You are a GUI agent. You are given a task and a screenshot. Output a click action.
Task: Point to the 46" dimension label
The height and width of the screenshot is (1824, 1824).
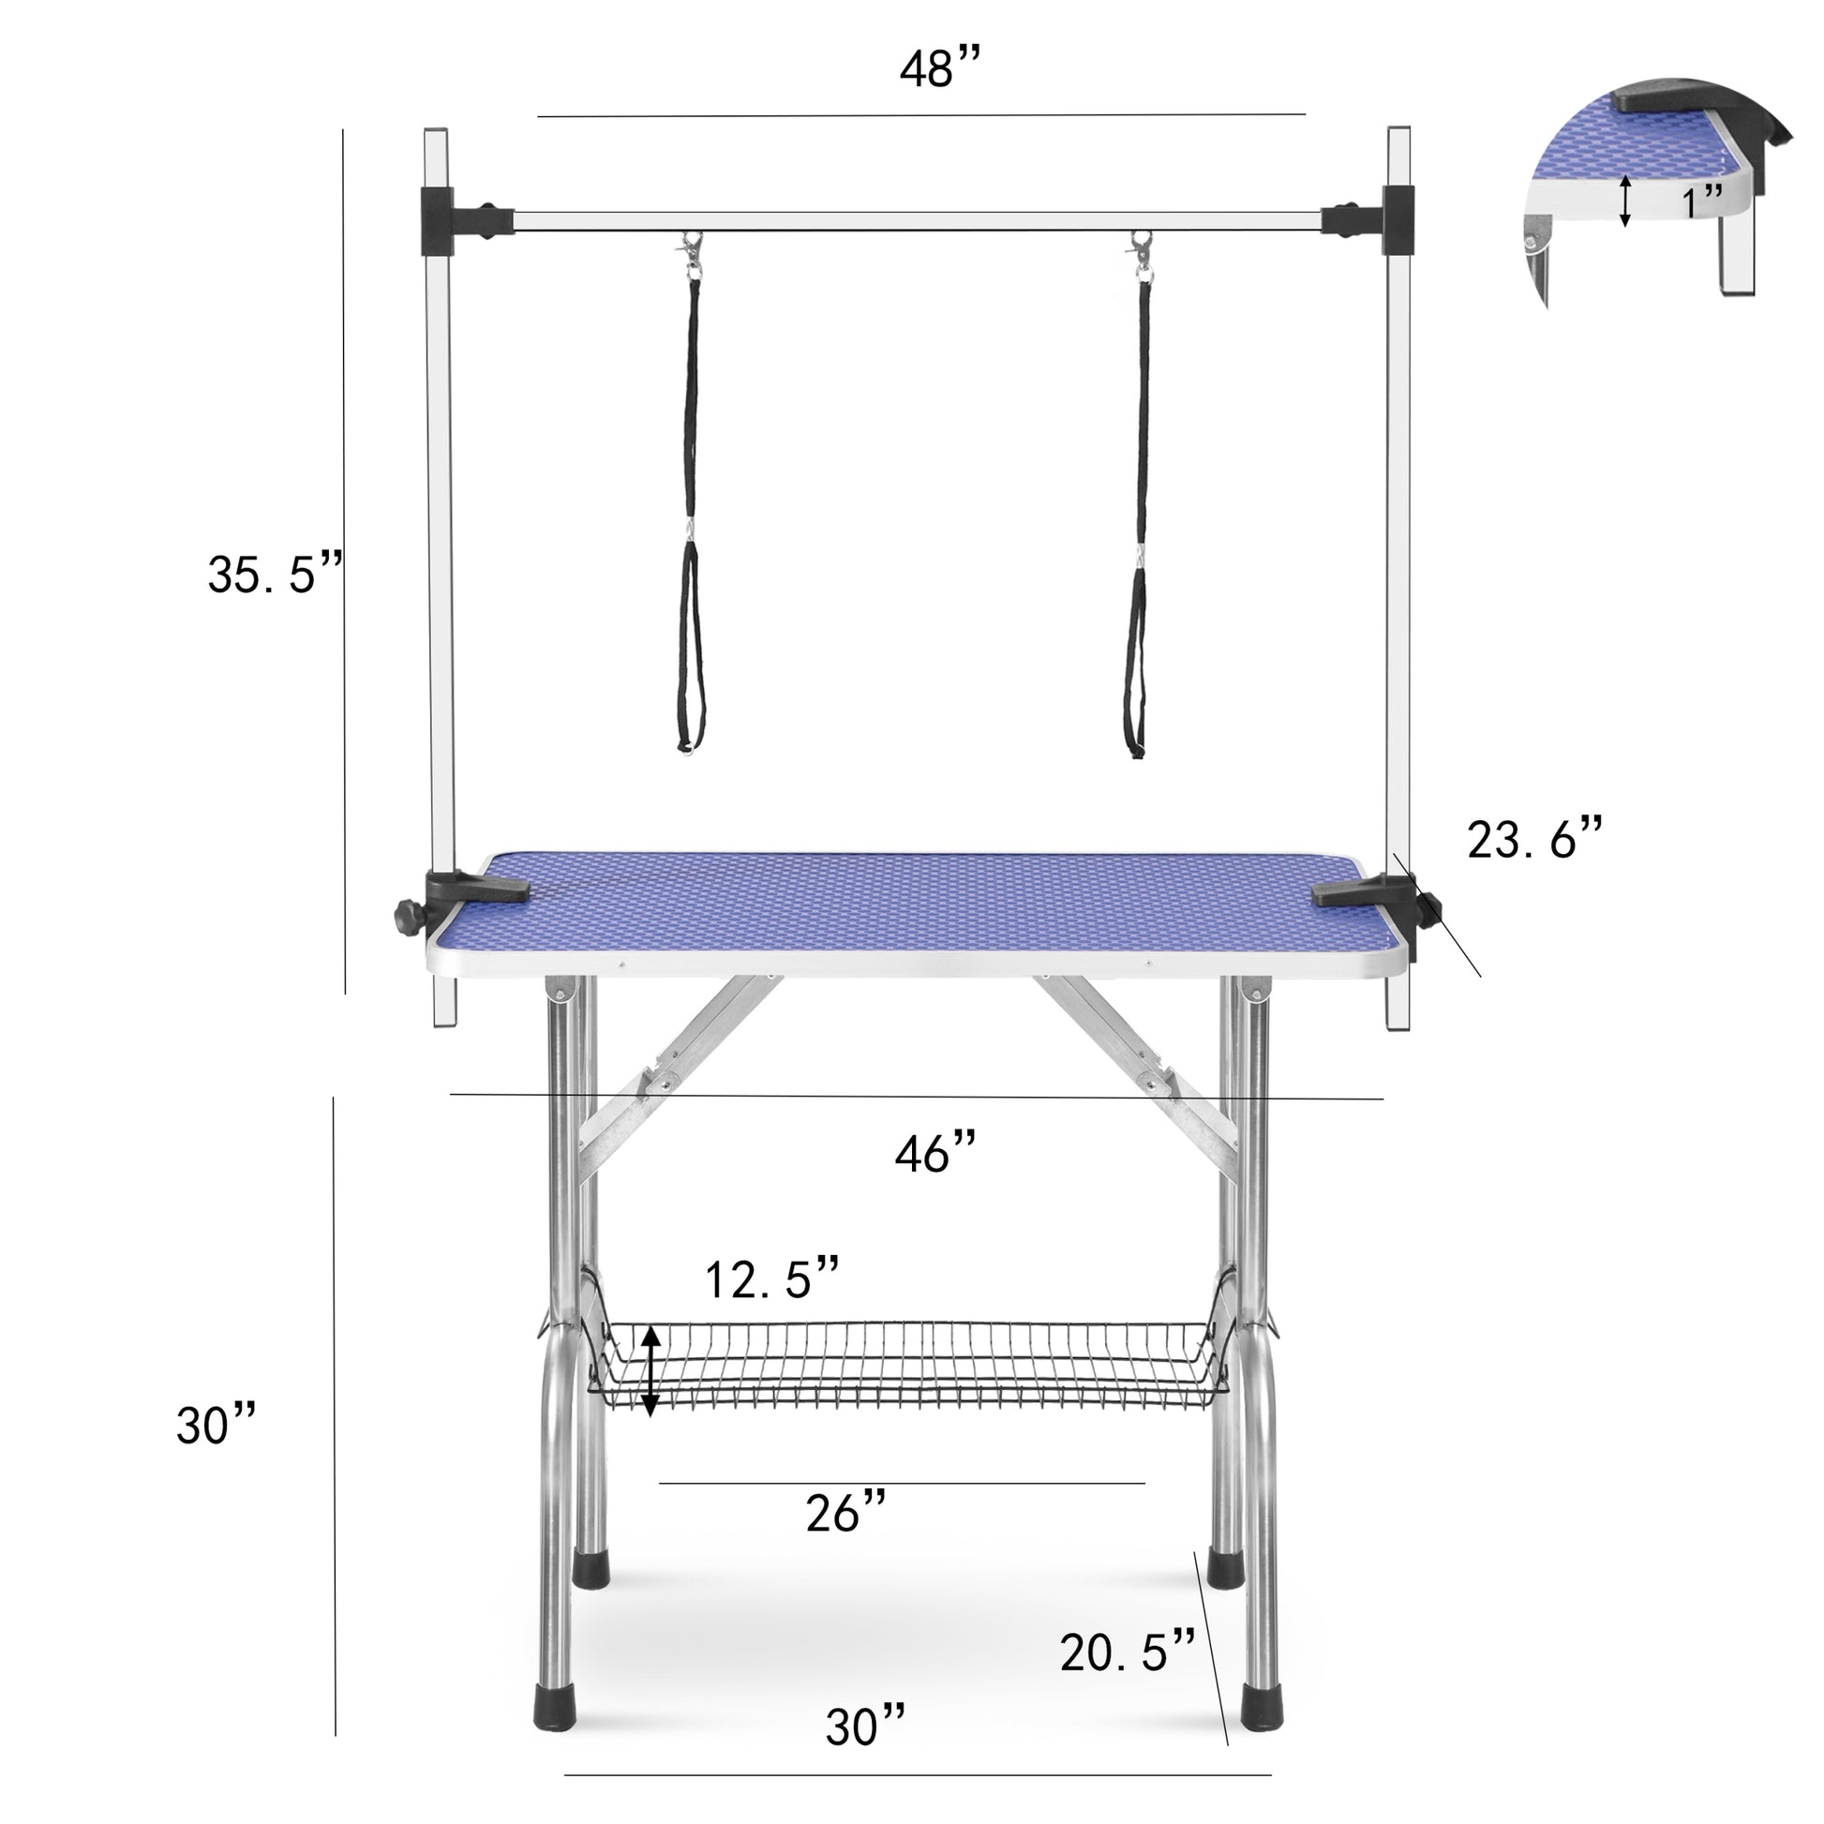934,1152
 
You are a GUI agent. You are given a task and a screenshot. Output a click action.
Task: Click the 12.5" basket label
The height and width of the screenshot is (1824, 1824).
771,1279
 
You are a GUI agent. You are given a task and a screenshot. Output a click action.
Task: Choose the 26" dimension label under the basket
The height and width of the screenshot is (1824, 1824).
845,1513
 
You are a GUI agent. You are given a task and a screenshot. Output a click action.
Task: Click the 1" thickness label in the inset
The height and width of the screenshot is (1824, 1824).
1702,202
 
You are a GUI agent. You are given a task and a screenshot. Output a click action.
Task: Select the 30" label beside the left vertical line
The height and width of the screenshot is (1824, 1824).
216,1425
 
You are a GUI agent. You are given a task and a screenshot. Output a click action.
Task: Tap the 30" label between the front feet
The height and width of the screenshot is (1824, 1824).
865,1727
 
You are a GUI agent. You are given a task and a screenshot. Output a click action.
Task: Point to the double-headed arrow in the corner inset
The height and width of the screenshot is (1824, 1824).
1624,202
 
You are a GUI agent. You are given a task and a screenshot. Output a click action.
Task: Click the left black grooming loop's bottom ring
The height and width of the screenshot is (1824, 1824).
686,748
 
